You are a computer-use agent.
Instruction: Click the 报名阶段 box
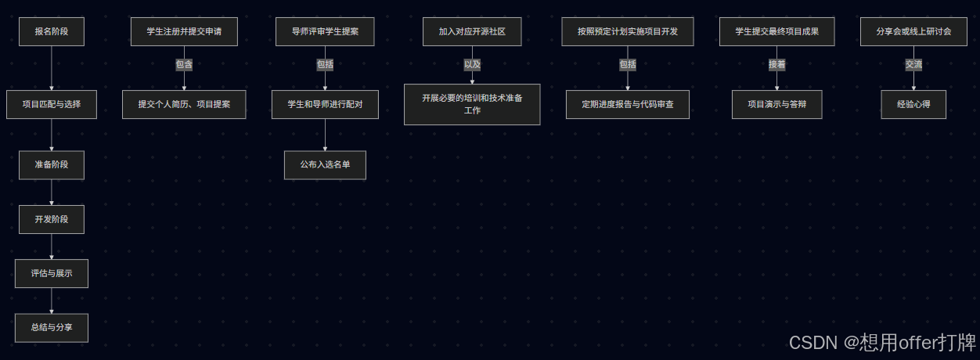tap(52, 32)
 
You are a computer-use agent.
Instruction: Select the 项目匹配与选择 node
tap(52, 104)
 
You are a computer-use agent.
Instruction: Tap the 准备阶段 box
tap(52, 165)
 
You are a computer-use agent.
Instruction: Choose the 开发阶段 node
tap(52, 219)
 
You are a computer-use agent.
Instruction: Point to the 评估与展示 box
tap(52, 274)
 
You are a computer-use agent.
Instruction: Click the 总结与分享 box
tap(52, 328)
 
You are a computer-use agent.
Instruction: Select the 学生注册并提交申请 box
tap(184, 32)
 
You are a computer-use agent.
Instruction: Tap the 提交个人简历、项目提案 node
tap(184, 104)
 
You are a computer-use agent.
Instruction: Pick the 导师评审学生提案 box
tap(325, 32)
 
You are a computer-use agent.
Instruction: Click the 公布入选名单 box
tap(325, 165)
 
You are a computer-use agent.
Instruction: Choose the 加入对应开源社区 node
tap(472, 32)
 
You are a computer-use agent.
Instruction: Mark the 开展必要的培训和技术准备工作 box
tap(472, 104)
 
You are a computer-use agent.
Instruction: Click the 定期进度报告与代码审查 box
tap(628, 104)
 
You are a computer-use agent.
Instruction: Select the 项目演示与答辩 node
tap(776, 104)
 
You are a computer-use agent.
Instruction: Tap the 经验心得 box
tap(913, 104)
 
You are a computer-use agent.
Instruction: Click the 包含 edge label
tap(184, 65)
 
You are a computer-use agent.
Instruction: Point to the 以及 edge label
tap(472, 65)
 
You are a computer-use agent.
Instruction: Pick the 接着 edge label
tap(776, 65)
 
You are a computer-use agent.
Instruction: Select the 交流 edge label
tap(913, 65)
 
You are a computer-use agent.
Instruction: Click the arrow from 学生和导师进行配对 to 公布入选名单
tap(325, 135)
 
